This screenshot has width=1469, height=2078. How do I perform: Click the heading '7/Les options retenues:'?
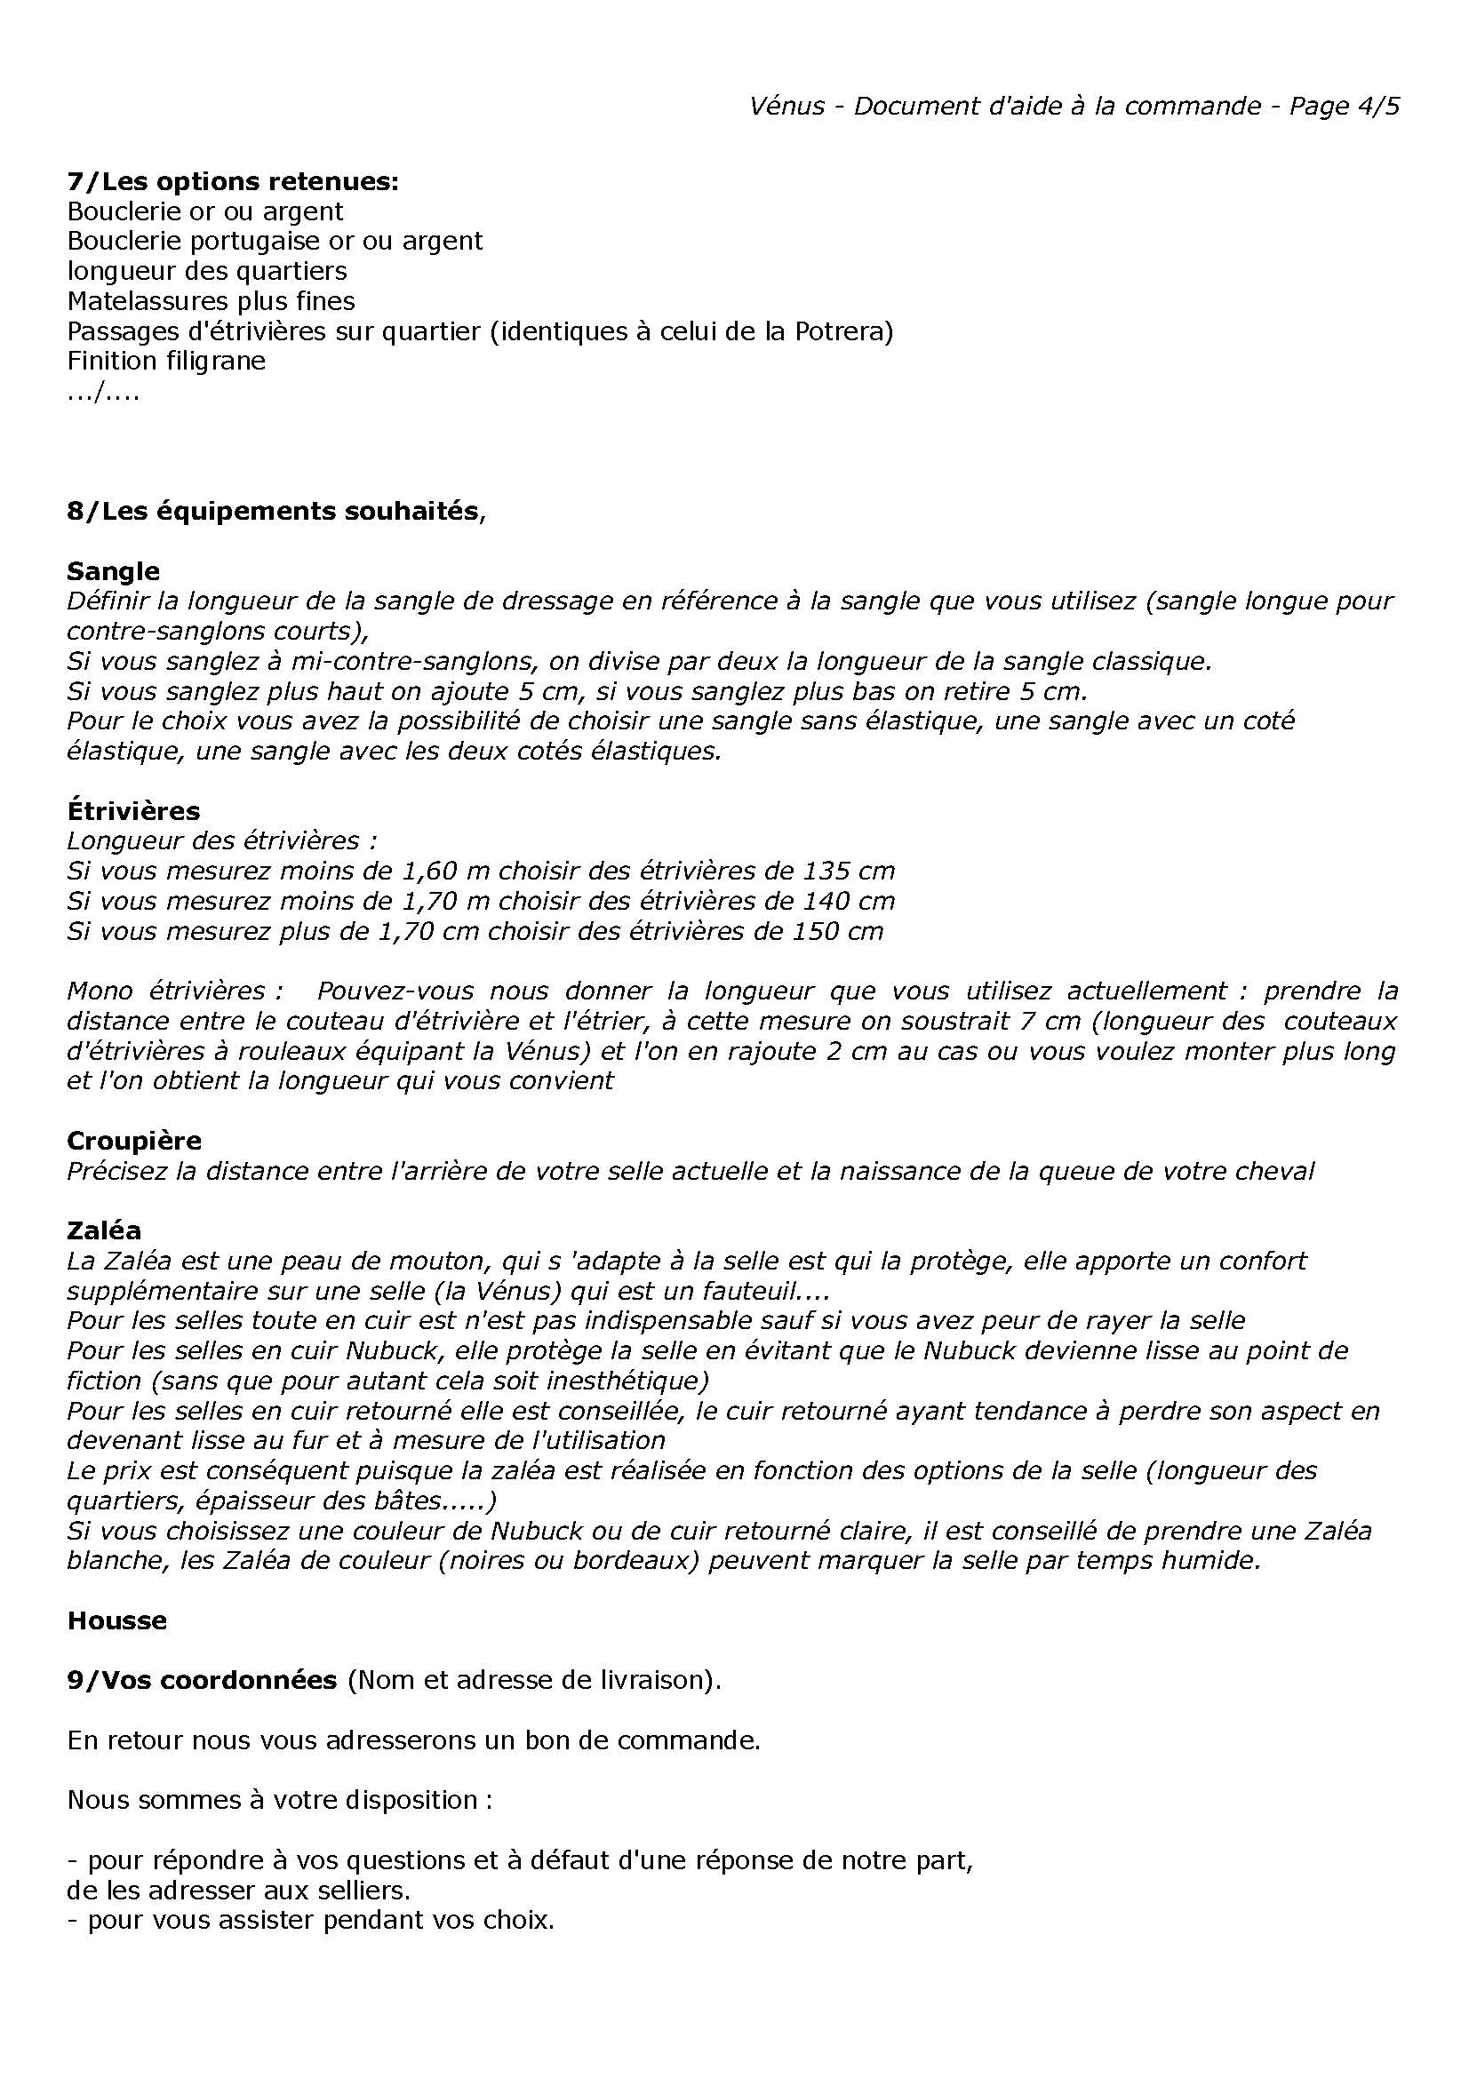pos(233,181)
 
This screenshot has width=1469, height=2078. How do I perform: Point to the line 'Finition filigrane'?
pos(166,360)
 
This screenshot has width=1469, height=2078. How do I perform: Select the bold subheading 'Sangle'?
pos(113,571)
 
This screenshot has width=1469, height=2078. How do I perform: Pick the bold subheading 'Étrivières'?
pos(133,810)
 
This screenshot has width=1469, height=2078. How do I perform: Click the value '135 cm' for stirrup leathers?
pos(848,871)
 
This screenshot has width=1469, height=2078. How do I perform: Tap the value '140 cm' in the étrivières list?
pos(848,901)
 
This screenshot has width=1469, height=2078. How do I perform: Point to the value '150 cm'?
pos(836,930)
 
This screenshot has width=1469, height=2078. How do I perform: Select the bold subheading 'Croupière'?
pos(134,1140)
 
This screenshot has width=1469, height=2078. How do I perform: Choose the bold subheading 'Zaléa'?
pos(104,1230)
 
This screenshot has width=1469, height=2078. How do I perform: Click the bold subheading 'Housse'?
pos(116,1620)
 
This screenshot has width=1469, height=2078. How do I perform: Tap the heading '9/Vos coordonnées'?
pos(202,1680)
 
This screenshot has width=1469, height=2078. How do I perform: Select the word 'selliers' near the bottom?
pos(356,1890)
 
